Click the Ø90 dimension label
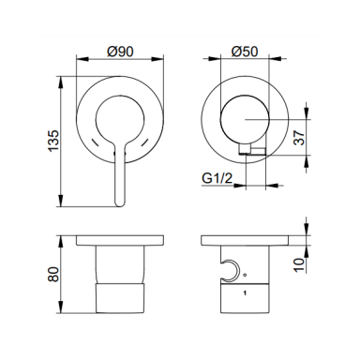click(120, 52)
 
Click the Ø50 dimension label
click(245, 52)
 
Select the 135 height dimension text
click(53, 141)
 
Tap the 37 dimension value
click(299, 138)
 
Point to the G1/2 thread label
click(217, 178)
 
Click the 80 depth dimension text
click(53, 274)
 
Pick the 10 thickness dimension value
click(299, 265)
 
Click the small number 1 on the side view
click(245, 292)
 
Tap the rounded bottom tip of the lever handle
click(120, 205)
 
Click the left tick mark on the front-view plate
click(95, 142)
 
